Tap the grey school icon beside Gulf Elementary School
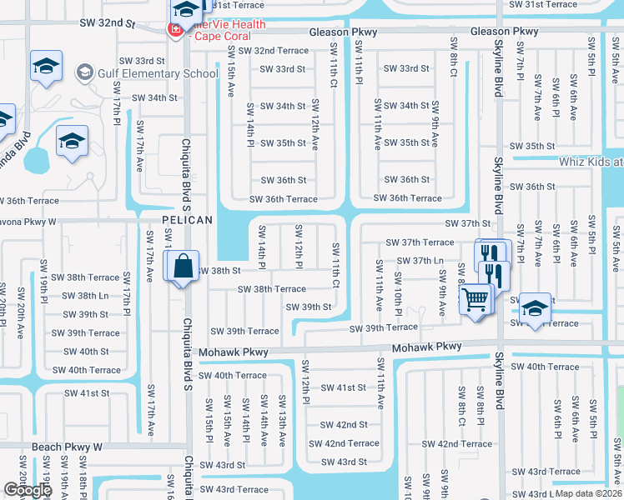[84, 73]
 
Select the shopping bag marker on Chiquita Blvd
[182, 267]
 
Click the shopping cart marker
[475, 298]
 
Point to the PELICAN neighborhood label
[188, 220]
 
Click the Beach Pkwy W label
[67, 447]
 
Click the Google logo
[28, 490]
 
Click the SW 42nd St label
[344, 425]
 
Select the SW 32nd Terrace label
[269, 51]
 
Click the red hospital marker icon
[175, 30]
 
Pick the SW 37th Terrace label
[420, 242]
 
